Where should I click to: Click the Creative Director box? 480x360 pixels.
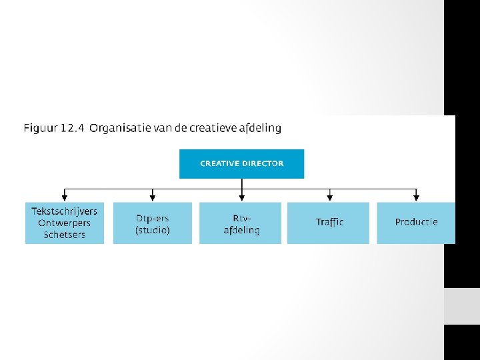(x=241, y=164)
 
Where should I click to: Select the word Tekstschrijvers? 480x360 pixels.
(x=64, y=211)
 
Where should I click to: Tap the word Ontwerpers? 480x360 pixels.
(x=64, y=223)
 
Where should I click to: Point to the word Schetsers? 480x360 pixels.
(x=65, y=235)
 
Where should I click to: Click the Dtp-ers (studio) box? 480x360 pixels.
(x=153, y=223)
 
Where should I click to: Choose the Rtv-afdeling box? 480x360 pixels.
(x=241, y=223)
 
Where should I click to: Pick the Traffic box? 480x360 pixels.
(x=329, y=223)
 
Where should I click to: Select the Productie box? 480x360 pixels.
(x=416, y=223)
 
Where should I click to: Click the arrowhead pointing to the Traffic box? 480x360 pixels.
(x=329, y=197)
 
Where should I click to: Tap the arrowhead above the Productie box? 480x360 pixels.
(x=417, y=197)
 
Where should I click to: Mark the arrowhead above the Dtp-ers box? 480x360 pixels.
(x=153, y=197)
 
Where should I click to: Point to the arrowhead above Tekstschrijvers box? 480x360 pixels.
(x=64, y=197)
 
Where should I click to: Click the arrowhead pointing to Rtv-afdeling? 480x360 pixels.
(x=241, y=197)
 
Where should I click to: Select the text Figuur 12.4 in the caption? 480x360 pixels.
(x=53, y=128)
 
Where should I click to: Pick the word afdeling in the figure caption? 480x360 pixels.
(x=262, y=128)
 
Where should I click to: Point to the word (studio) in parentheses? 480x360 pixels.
(x=153, y=230)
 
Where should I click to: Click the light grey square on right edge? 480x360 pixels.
(x=461, y=306)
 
